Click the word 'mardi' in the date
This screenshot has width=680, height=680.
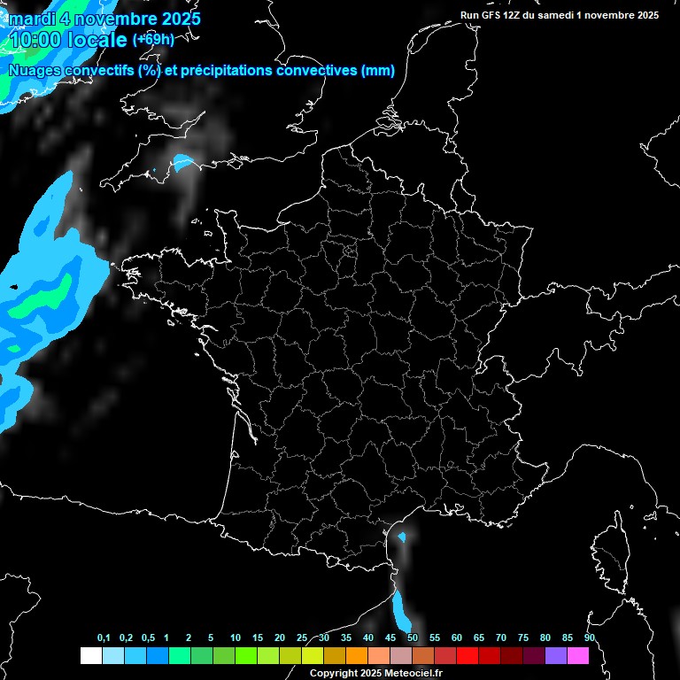[30, 19]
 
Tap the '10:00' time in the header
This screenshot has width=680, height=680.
[36, 40]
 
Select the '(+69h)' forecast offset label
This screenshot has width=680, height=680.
[153, 40]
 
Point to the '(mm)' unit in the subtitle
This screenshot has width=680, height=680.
[378, 71]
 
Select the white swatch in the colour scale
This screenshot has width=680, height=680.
[90, 656]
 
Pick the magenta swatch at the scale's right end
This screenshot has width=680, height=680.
[578, 656]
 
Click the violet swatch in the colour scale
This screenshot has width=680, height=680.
[556, 656]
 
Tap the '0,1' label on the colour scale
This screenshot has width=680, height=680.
[104, 638]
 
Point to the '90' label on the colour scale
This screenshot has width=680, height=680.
[590, 638]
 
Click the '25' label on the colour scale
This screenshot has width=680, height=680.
[302, 638]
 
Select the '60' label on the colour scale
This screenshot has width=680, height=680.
[457, 638]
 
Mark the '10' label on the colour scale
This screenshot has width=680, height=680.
[236, 638]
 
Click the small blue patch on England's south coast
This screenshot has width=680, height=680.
[183, 163]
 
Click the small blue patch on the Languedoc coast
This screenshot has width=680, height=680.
[402, 537]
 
